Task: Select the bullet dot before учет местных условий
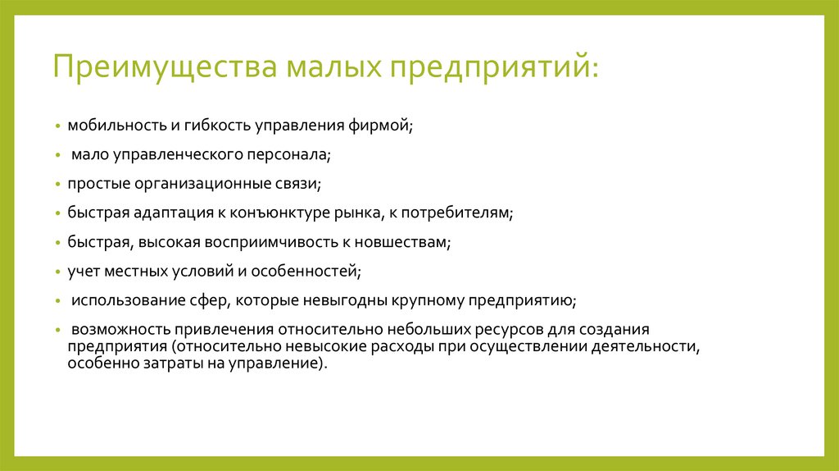[x=58, y=271]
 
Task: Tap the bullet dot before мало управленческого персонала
[x=58, y=154]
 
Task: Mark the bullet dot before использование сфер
[x=58, y=301]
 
